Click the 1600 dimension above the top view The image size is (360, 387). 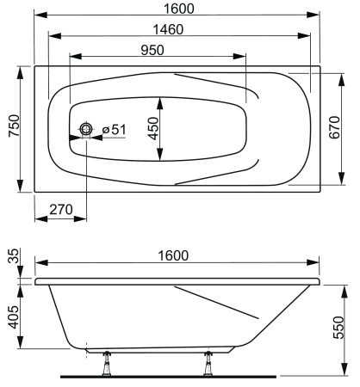(176, 9)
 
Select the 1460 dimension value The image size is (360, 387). (176, 29)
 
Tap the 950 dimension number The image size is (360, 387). (152, 49)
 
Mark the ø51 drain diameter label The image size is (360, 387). (114, 130)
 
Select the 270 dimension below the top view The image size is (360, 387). (59, 207)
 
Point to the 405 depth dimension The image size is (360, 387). (12, 315)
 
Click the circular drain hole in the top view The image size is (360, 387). (86, 130)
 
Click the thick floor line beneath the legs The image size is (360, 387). (168, 376)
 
